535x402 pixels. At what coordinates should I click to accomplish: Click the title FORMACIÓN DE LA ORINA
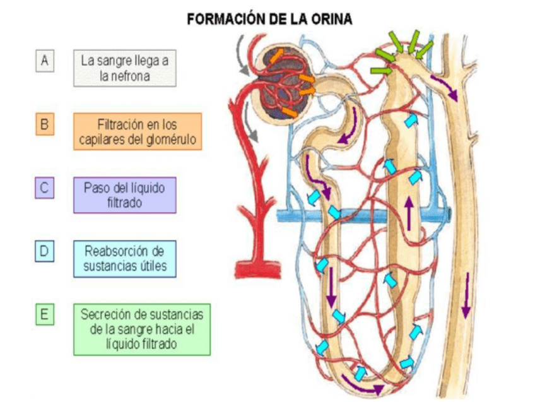(269, 20)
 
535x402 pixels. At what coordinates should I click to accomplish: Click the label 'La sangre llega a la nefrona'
(124, 68)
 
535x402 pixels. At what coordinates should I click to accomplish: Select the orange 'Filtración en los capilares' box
(137, 131)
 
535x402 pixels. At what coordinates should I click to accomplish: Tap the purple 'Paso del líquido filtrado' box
(124, 195)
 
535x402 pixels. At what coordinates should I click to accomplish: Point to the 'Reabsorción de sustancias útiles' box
(124, 258)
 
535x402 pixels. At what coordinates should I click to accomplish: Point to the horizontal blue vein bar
(366, 216)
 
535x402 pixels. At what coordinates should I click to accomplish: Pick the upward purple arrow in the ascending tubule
(410, 213)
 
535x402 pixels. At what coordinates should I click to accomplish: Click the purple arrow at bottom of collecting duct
(466, 296)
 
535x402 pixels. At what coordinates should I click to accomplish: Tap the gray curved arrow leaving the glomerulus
(254, 129)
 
